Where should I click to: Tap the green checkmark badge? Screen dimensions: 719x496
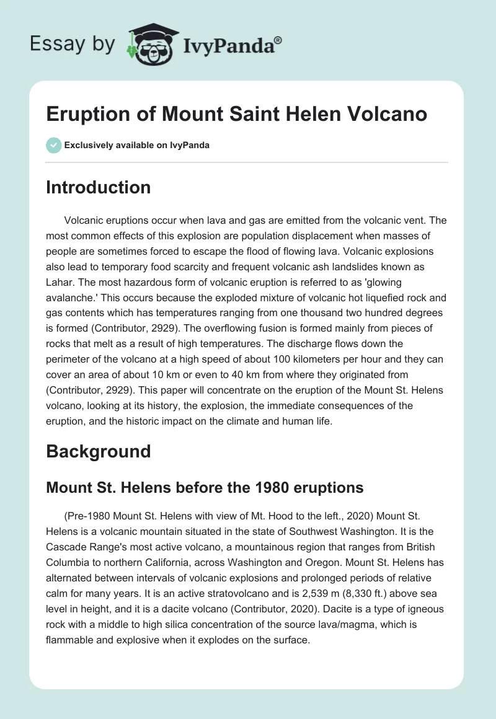click(x=53, y=145)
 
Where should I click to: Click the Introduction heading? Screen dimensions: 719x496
click(x=98, y=187)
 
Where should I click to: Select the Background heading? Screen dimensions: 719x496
click(x=98, y=451)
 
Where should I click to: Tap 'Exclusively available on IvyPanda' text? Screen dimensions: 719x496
click(x=136, y=145)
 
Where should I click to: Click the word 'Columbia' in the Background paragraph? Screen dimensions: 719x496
click(x=68, y=563)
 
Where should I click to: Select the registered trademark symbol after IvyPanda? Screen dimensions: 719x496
click(x=278, y=40)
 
